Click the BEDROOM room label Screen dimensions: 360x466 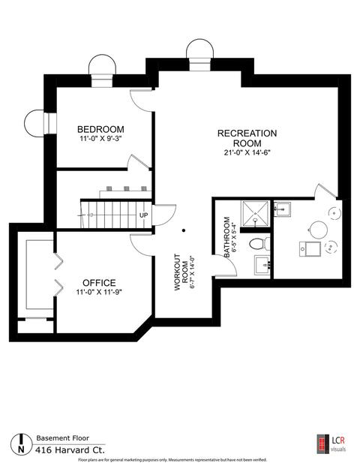pyautogui.click(x=100, y=129)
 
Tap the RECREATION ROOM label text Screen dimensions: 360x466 pyautogui.click(x=247, y=138)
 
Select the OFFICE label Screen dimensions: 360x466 pyautogui.click(x=99, y=283)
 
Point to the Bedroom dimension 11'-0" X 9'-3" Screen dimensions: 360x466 pyautogui.click(x=101, y=139)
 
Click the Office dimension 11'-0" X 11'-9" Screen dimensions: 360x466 pyautogui.click(x=99, y=292)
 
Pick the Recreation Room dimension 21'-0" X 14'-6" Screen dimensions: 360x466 pyautogui.click(x=247, y=153)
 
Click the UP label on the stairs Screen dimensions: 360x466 pyautogui.click(x=144, y=215)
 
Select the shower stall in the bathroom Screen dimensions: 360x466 pyautogui.click(x=255, y=213)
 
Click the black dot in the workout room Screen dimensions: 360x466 pyautogui.click(x=184, y=230)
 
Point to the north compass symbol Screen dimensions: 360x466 pyautogui.click(x=21, y=443)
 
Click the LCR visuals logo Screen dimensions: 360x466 pyautogui.click(x=331, y=444)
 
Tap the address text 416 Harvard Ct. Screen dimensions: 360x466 pyautogui.click(x=70, y=450)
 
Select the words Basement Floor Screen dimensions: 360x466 pyautogui.click(x=63, y=437)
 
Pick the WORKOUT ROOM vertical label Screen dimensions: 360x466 pyautogui.click(x=181, y=272)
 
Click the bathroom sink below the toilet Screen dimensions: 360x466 pyautogui.click(x=262, y=265)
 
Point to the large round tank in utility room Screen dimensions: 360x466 pyautogui.click(x=318, y=230)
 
